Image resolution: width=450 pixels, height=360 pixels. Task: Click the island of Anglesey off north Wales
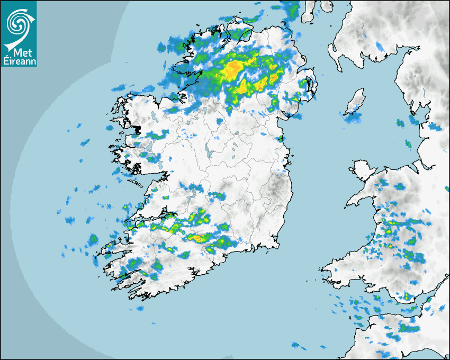pyautogui.click(x=361, y=171)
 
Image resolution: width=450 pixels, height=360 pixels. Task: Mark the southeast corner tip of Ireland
pyautogui.click(x=276, y=245)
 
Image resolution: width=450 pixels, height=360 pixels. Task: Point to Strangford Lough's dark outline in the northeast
pyautogui.click(x=309, y=87)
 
